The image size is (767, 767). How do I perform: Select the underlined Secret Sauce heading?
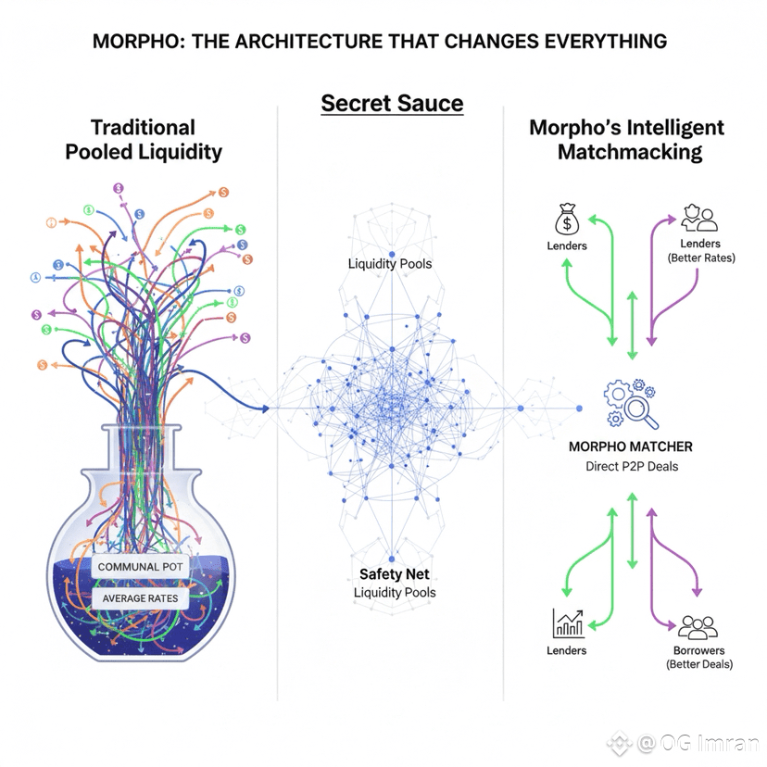[392, 103]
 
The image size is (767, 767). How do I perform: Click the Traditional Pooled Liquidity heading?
[144, 140]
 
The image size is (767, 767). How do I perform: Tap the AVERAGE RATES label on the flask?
[140, 597]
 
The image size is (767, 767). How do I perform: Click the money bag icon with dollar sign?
[566, 220]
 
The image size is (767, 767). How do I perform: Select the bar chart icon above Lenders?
[566, 624]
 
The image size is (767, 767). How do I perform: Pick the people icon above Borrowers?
[698, 627]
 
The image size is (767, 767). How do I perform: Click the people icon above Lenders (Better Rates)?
[699, 220]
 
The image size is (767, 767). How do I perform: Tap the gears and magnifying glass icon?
[630, 401]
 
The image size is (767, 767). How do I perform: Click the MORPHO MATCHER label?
[630, 446]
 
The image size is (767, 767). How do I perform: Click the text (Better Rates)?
[700, 258]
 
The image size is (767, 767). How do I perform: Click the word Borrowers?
[698, 650]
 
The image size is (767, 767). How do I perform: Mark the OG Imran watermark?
[693, 742]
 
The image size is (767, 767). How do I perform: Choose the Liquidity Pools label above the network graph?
[390, 264]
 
